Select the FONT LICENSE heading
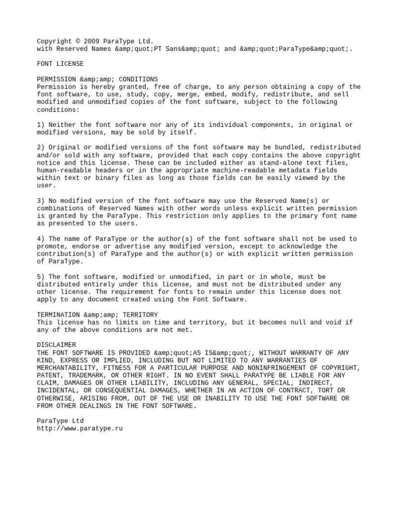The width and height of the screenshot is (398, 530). click(x=60, y=64)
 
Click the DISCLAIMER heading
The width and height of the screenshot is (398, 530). click(x=56, y=345)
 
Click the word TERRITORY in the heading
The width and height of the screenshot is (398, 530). click(x=140, y=315)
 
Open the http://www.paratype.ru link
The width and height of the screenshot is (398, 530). click(x=80, y=429)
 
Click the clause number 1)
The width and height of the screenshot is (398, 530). click(x=41, y=125)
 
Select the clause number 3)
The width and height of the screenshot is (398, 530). click(x=41, y=201)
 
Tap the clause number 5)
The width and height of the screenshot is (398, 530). click(x=41, y=277)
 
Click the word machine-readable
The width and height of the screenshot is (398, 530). click(x=246, y=170)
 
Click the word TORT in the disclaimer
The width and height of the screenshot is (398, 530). click(x=330, y=390)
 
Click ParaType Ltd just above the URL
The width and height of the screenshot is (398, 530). click(x=60, y=421)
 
